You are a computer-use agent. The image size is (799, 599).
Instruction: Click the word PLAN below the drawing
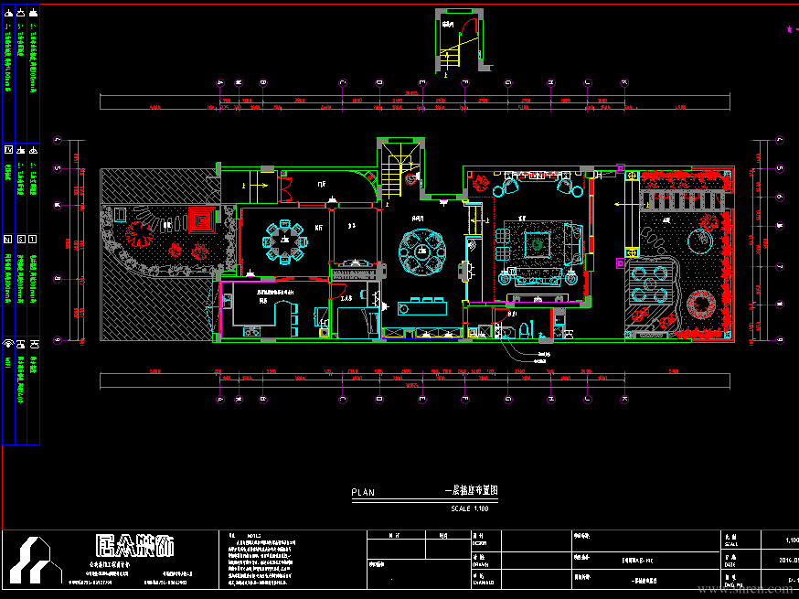click(x=363, y=492)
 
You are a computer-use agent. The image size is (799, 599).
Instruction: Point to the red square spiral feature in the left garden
click(x=199, y=219)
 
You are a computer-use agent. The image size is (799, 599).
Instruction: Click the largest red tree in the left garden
click(x=139, y=235)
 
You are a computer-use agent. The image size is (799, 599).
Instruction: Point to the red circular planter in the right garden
click(x=705, y=304)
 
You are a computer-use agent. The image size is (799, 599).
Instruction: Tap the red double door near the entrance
click(x=283, y=190)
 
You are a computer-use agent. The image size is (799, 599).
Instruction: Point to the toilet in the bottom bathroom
click(x=522, y=328)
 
